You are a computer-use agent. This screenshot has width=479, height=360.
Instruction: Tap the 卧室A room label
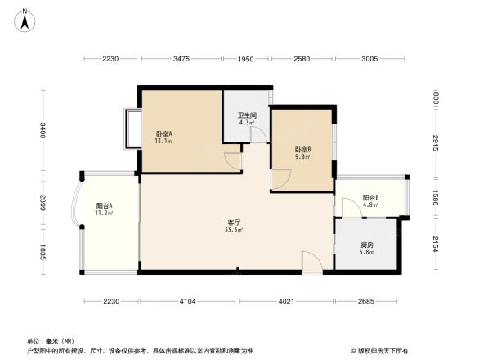163,133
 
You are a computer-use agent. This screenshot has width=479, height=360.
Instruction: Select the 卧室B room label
302,150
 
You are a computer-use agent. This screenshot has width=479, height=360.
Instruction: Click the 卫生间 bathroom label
247,115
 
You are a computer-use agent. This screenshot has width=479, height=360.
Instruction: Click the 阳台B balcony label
370,198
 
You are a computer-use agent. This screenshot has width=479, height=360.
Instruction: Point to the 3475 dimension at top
181,59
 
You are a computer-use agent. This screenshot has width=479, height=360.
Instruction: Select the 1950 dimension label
246,59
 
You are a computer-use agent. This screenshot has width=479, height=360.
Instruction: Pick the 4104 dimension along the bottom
188,302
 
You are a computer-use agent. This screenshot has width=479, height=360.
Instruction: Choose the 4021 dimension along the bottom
285,302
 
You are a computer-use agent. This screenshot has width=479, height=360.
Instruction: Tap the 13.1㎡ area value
163,141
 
